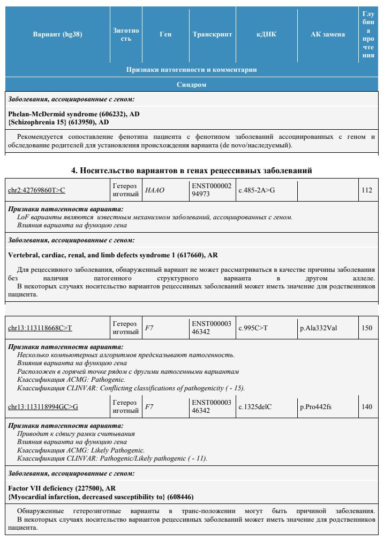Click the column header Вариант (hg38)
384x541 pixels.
click(x=57, y=34)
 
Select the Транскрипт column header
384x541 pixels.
click(x=212, y=34)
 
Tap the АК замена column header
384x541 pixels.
click(x=328, y=34)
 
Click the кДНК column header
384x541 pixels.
click(x=266, y=34)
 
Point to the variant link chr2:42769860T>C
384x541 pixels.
click(x=36, y=190)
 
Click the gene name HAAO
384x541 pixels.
click(x=155, y=190)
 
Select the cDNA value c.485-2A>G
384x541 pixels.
click(x=257, y=190)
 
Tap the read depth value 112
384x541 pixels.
click(x=367, y=190)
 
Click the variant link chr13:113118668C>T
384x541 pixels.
click(x=40, y=328)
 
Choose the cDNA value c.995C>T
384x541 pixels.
click(x=254, y=328)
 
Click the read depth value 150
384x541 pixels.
click(x=367, y=328)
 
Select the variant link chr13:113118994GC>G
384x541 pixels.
click(x=43, y=407)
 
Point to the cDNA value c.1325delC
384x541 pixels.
click(x=255, y=407)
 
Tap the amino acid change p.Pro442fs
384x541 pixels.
click(x=316, y=407)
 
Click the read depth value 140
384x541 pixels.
click(x=367, y=407)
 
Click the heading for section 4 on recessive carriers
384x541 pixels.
click(x=192, y=171)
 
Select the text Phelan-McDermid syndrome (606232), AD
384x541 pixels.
click(x=74, y=114)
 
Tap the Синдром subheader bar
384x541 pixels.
click(x=192, y=85)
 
